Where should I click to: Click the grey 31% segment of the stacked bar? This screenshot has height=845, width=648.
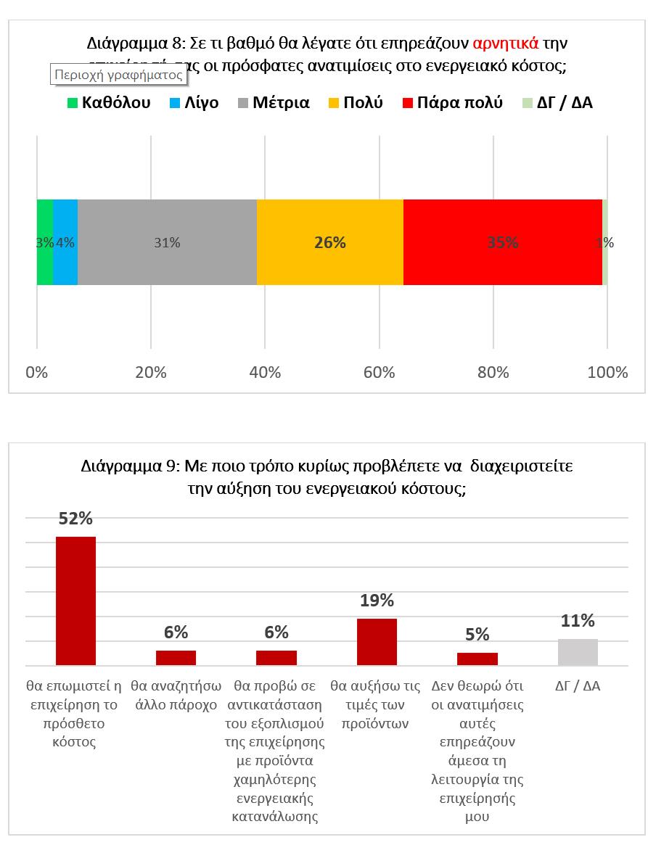(167, 242)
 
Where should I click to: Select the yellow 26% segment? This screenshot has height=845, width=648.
(329, 242)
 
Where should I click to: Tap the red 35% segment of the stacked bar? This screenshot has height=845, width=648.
(502, 242)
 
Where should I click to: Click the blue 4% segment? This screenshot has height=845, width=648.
(65, 242)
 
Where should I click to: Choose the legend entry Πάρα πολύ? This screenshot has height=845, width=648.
(453, 102)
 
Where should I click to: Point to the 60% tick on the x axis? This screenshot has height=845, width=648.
(379, 373)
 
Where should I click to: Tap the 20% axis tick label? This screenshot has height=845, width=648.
(151, 373)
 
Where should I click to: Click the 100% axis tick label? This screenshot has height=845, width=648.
(607, 373)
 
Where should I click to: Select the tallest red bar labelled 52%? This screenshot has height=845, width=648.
(75, 601)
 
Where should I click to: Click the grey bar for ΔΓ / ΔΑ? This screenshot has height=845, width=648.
(578, 652)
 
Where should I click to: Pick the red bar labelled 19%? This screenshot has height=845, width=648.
(377, 641)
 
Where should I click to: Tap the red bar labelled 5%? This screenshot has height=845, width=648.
(477, 659)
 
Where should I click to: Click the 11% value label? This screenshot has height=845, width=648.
(578, 621)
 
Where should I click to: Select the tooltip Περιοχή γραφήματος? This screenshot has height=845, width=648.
(117, 74)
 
